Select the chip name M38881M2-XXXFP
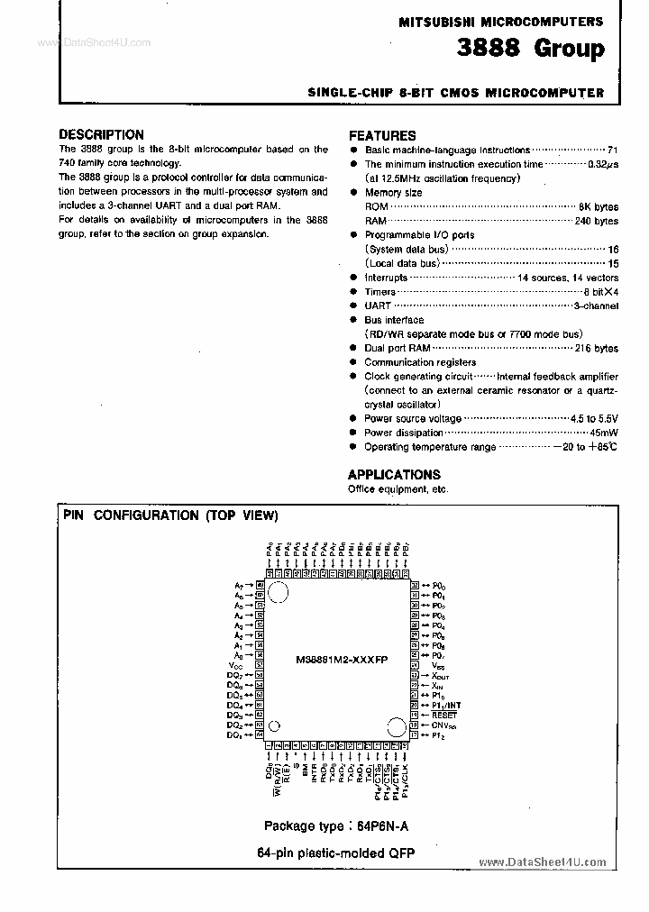[x=342, y=660]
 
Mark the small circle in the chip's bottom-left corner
[x=274, y=725]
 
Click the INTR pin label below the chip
[x=315, y=772]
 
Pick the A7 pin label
[x=238, y=585]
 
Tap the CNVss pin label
[x=443, y=724]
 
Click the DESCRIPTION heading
[x=101, y=134]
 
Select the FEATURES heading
[x=381, y=135]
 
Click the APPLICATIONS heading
[x=394, y=474]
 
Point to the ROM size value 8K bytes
[x=598, y=206]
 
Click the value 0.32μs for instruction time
[x=602, y=164]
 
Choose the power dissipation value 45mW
[x=604, y=433]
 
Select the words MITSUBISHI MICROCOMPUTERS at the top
[x=500, y=21]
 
